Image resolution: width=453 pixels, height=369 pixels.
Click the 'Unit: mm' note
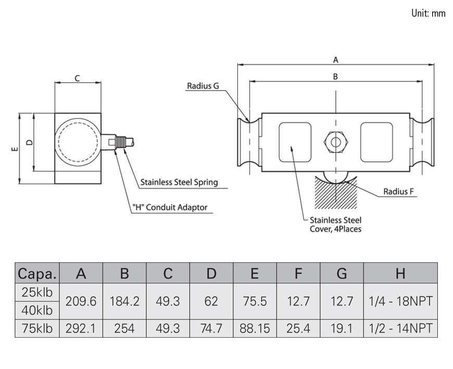pyautogui.click(x=428, y=14)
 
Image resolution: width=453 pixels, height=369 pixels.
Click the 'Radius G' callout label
pyautogui.click(x=203, y=86)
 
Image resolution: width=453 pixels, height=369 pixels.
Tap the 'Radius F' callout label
pyautogui.click(x=398, y=192)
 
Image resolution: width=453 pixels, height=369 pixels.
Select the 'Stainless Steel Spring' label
pyautogui.click(x=179, y=183)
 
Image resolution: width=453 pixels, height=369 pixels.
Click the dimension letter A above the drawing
pyautogui.click(x=336, y=59)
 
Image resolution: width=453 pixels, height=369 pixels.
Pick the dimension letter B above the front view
pyautogui.click(x=335, y=77)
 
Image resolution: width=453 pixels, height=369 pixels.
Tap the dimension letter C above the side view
pyautogui.click(x=77, y=79)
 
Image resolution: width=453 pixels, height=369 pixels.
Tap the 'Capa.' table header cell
pyautogui.click(x=37, y=273)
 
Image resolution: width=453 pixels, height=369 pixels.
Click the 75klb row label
pyautogui.click(x=37, y=328)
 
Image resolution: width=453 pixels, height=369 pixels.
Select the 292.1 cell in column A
pyautogui.click(x=81, y=328)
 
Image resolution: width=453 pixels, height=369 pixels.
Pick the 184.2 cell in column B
pyautogui.click(x=124, y=301)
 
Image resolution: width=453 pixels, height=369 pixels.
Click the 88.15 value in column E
pyautogui.click(x=255, y=328)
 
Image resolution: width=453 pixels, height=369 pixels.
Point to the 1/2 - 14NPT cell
pyautogui.click(x=400, y=328)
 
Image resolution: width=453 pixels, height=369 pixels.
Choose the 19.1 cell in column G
pyautogui.click(x=342, y=328)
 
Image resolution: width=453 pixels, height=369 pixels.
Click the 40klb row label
pyautogui.click(x=37, y=311)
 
